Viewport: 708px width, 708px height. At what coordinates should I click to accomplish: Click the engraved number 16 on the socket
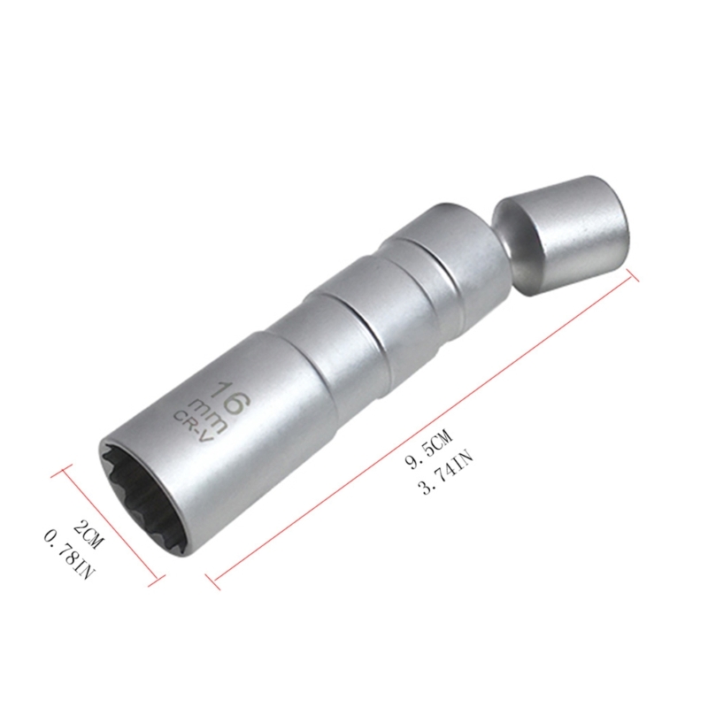[233, 397]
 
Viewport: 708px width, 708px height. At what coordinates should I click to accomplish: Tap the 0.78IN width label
[69, 556]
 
